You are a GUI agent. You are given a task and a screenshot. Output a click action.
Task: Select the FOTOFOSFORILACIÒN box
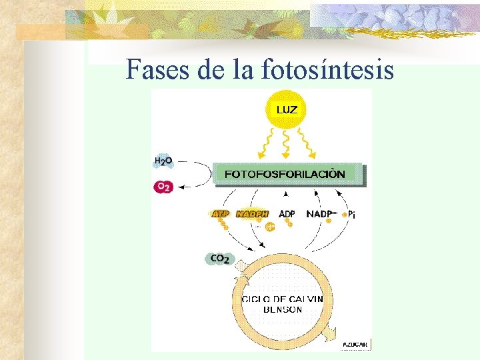pyautogui.click(x=287, y=174)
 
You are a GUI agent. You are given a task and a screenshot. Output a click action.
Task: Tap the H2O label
pyautogui.click(x=163, y=161)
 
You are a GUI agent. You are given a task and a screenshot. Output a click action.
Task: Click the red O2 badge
pyautogui.click(x=163, y=187)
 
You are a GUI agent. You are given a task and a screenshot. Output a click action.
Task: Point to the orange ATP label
pyautogui.click(x=220, y=214)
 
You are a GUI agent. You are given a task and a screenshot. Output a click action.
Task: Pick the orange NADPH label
pyautogui.click(x=252, y=214)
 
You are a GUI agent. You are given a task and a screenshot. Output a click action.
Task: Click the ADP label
pyautogui.click(x=287, y=214)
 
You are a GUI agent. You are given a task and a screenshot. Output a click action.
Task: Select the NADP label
pyautogui.click(x=320, y=214)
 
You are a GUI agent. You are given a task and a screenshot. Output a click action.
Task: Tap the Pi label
pyautogui.click(x=351, y=215)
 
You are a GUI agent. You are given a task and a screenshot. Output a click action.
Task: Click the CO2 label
pyautogui.click(x=219, y=259)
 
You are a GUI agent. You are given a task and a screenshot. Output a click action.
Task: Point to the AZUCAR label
pyautogui.click(x=355, y=344)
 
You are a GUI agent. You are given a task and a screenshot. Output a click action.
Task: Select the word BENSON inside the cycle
pyautogui.click(x=283, y=309)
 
